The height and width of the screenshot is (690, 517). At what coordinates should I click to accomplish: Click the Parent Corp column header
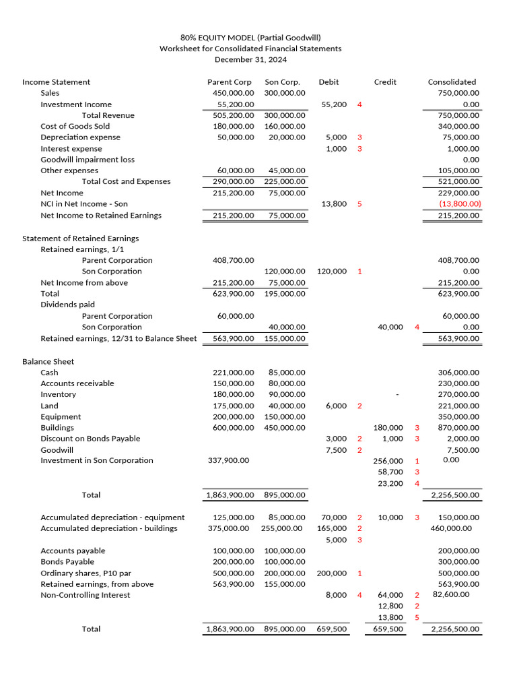[x=229, y=82]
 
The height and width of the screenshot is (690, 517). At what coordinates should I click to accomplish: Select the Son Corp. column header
[x=282, y=82]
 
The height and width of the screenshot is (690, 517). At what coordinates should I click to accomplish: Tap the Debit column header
[x=329, y=82]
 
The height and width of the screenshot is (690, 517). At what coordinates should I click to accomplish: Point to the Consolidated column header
[x=452, y=82]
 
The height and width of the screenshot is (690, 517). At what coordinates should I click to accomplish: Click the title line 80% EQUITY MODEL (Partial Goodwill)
[x=250, y=38]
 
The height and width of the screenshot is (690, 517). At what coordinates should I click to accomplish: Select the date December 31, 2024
[x=250, y=60]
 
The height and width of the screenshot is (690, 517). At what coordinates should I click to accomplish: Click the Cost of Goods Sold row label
[x=75, y=127]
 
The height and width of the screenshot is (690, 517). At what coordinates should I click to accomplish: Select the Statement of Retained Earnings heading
[x=80, y=239]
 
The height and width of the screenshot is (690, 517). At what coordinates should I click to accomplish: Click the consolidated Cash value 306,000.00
[x=458, y=373]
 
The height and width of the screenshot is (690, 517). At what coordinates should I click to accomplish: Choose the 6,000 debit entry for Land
[x=335, y=406]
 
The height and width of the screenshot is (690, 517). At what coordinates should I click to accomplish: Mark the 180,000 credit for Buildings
[x=388, y=428]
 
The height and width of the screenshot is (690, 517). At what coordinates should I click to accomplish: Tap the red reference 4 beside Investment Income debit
[x=359, y=104]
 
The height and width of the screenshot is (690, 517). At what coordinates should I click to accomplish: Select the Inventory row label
[x=58, y=395]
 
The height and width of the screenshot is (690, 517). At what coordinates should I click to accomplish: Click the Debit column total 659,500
[x=331, y=629]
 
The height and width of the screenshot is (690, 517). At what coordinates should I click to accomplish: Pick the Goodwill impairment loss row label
[x=88, y=160]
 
